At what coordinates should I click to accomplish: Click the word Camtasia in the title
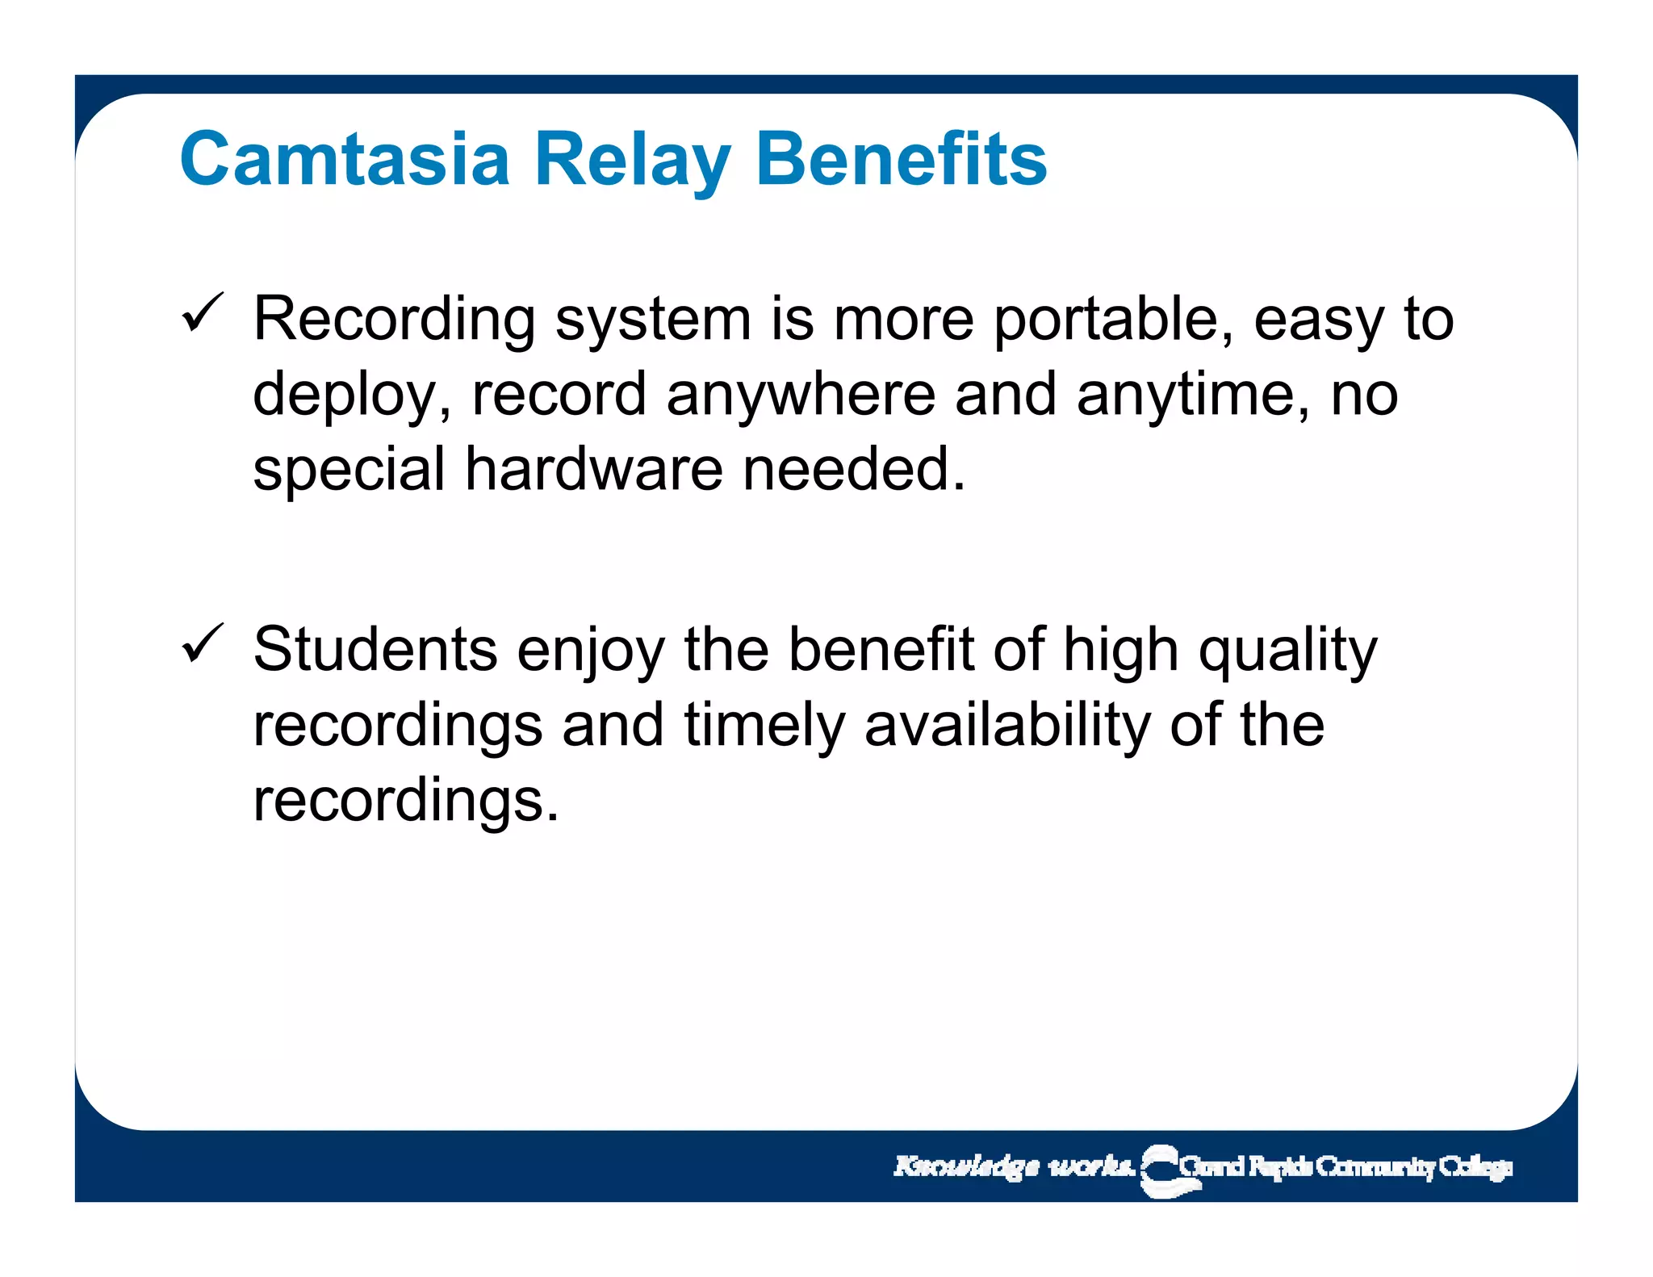[345, 159]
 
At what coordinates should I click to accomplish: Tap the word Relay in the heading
[633, 159]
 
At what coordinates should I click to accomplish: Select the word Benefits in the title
[901, 159]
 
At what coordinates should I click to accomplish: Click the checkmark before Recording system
[202, 313]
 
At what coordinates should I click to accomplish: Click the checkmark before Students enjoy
[202, 643]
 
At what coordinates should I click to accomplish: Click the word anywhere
[801, 396]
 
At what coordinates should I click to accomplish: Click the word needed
[853, 470]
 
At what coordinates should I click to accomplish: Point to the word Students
[375, 650]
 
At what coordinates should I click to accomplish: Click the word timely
[764, 726]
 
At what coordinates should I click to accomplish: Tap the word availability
[1007, 726]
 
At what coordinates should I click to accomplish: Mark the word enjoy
[591, 650]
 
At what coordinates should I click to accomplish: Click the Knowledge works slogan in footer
[1014, 1166]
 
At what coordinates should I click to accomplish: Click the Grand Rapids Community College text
[1345, 1167]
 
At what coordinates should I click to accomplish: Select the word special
[349, 470]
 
